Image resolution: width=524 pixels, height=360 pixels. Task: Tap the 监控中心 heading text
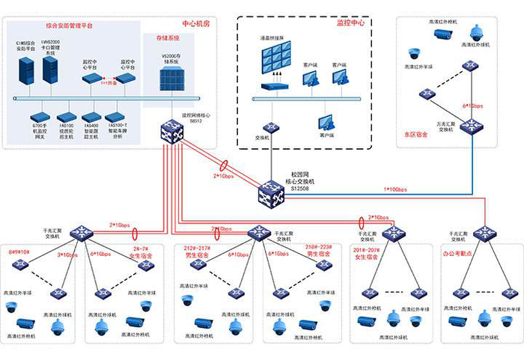click(x=351, y=23)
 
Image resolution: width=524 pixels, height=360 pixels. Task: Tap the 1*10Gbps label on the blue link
click(x=396, y=189)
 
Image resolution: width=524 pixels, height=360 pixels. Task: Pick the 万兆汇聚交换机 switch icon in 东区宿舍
click(x=472, y=126)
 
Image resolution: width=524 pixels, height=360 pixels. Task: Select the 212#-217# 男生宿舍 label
click(x=197, y=251)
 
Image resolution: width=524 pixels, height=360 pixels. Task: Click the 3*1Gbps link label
click(x=69, y=255)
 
